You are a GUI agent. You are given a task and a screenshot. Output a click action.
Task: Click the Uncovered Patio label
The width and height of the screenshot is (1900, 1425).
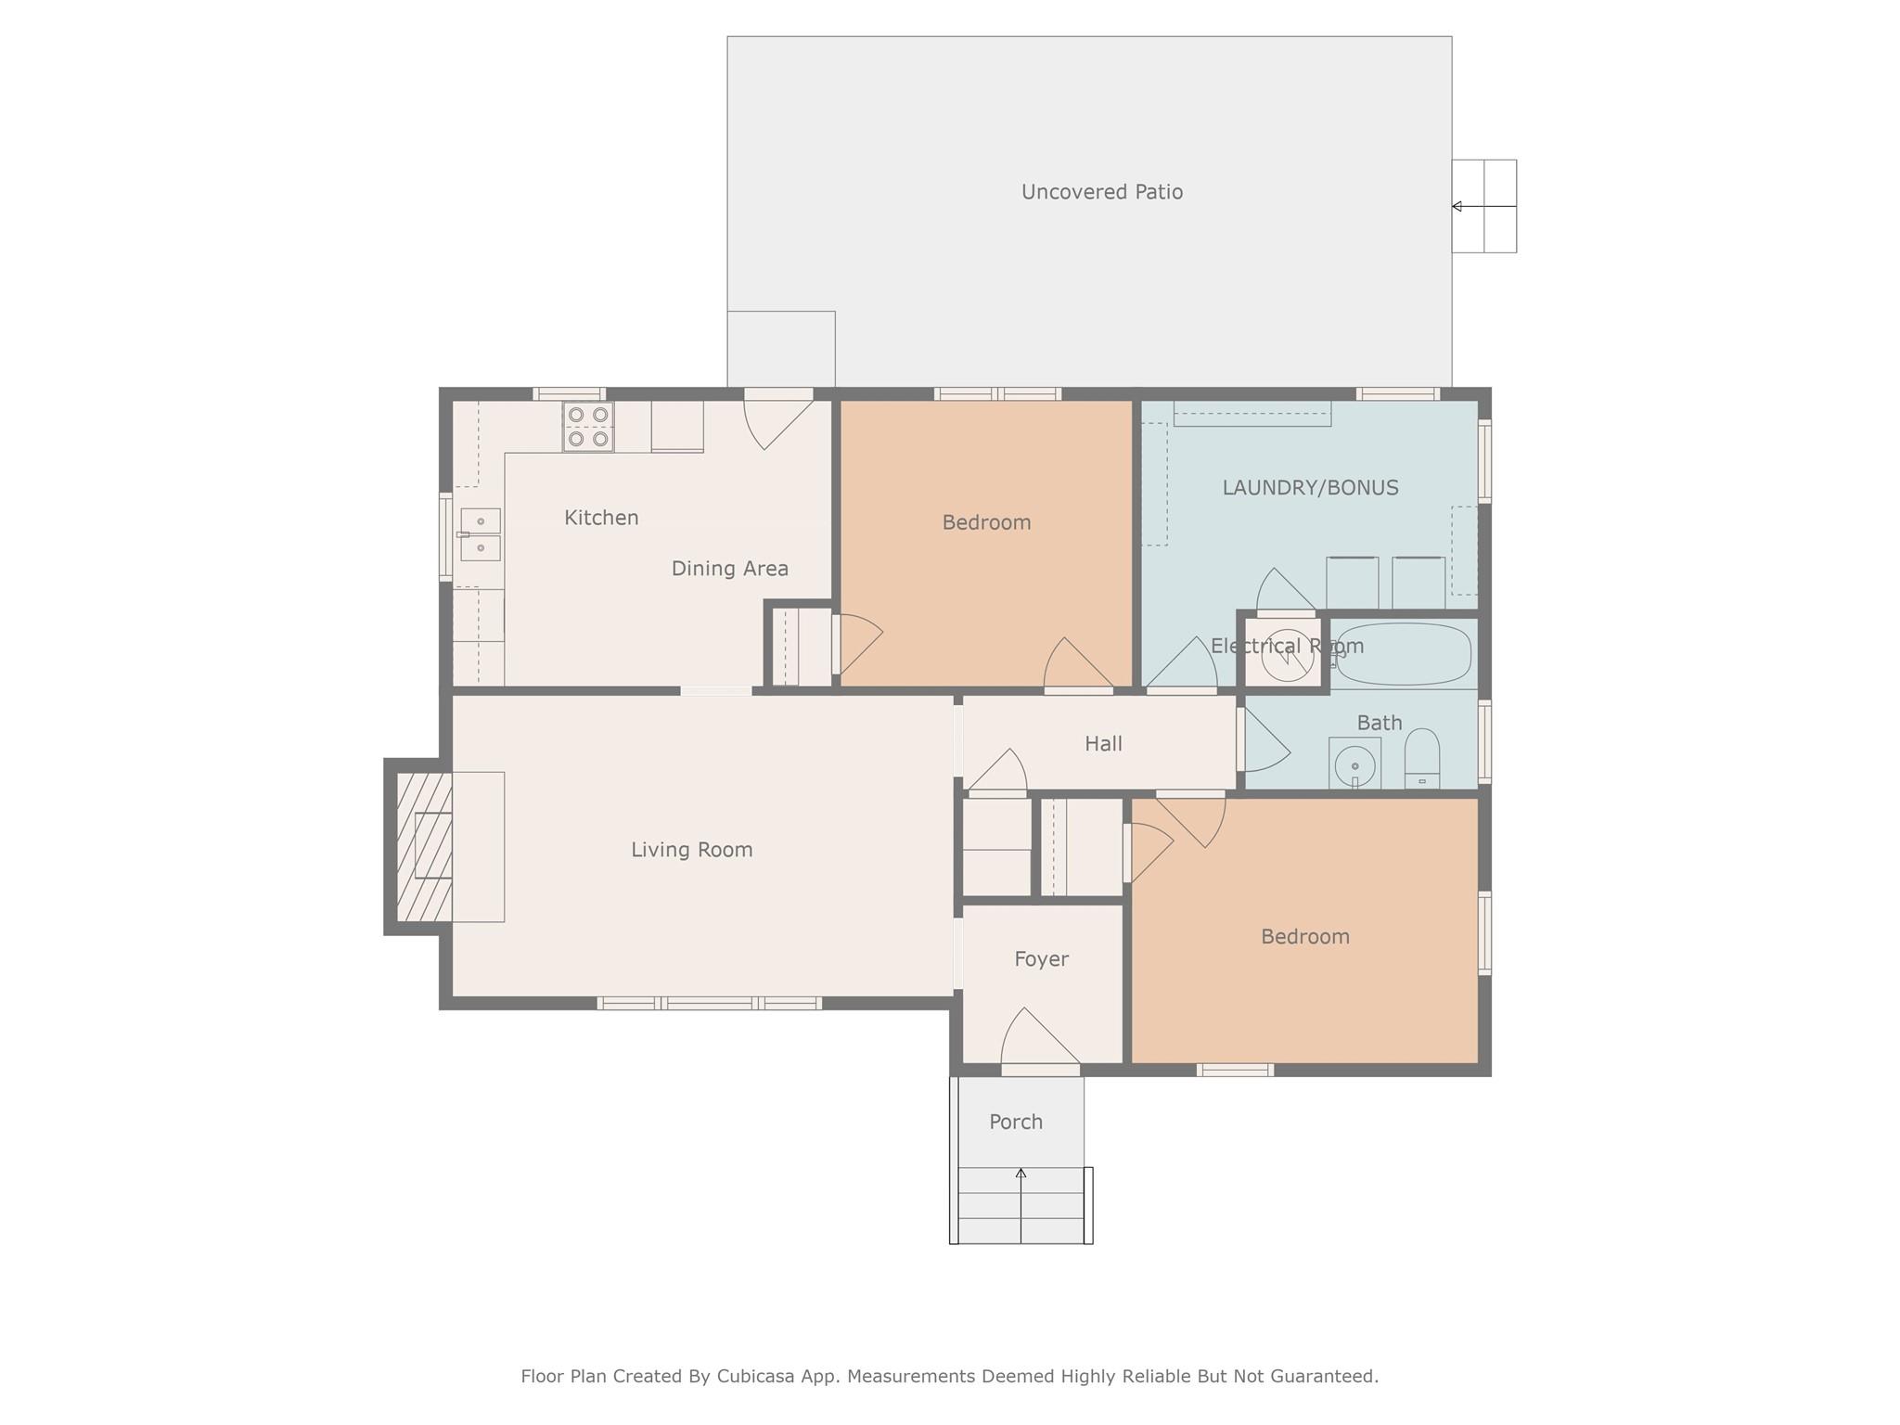(x=1101, y=192)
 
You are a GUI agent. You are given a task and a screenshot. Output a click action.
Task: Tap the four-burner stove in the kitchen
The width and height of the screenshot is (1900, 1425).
(x=588, y=427)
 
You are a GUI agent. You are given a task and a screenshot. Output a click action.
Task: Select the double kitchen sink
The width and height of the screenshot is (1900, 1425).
(x=481, y=534)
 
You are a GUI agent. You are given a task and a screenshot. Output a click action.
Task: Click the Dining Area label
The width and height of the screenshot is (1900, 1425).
(x=729, y=569)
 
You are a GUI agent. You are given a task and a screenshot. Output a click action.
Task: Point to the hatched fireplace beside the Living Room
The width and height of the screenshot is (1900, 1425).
(x=423, y=846)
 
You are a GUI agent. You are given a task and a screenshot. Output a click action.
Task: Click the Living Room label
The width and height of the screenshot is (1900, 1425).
(x=691, y=850)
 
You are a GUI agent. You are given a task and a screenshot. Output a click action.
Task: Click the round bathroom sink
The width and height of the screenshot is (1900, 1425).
(x=1354, y=764)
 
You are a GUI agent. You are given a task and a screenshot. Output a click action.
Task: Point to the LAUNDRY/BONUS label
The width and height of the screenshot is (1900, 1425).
(x=1310, y=488)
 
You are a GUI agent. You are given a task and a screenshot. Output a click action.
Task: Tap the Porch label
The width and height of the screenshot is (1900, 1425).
(x=1016, y=1123)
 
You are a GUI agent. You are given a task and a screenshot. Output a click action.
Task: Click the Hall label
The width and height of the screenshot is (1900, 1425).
(x=1103, y=744)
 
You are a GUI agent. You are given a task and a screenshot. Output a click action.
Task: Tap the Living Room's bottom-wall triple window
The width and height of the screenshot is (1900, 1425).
(x=710, y=1003)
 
